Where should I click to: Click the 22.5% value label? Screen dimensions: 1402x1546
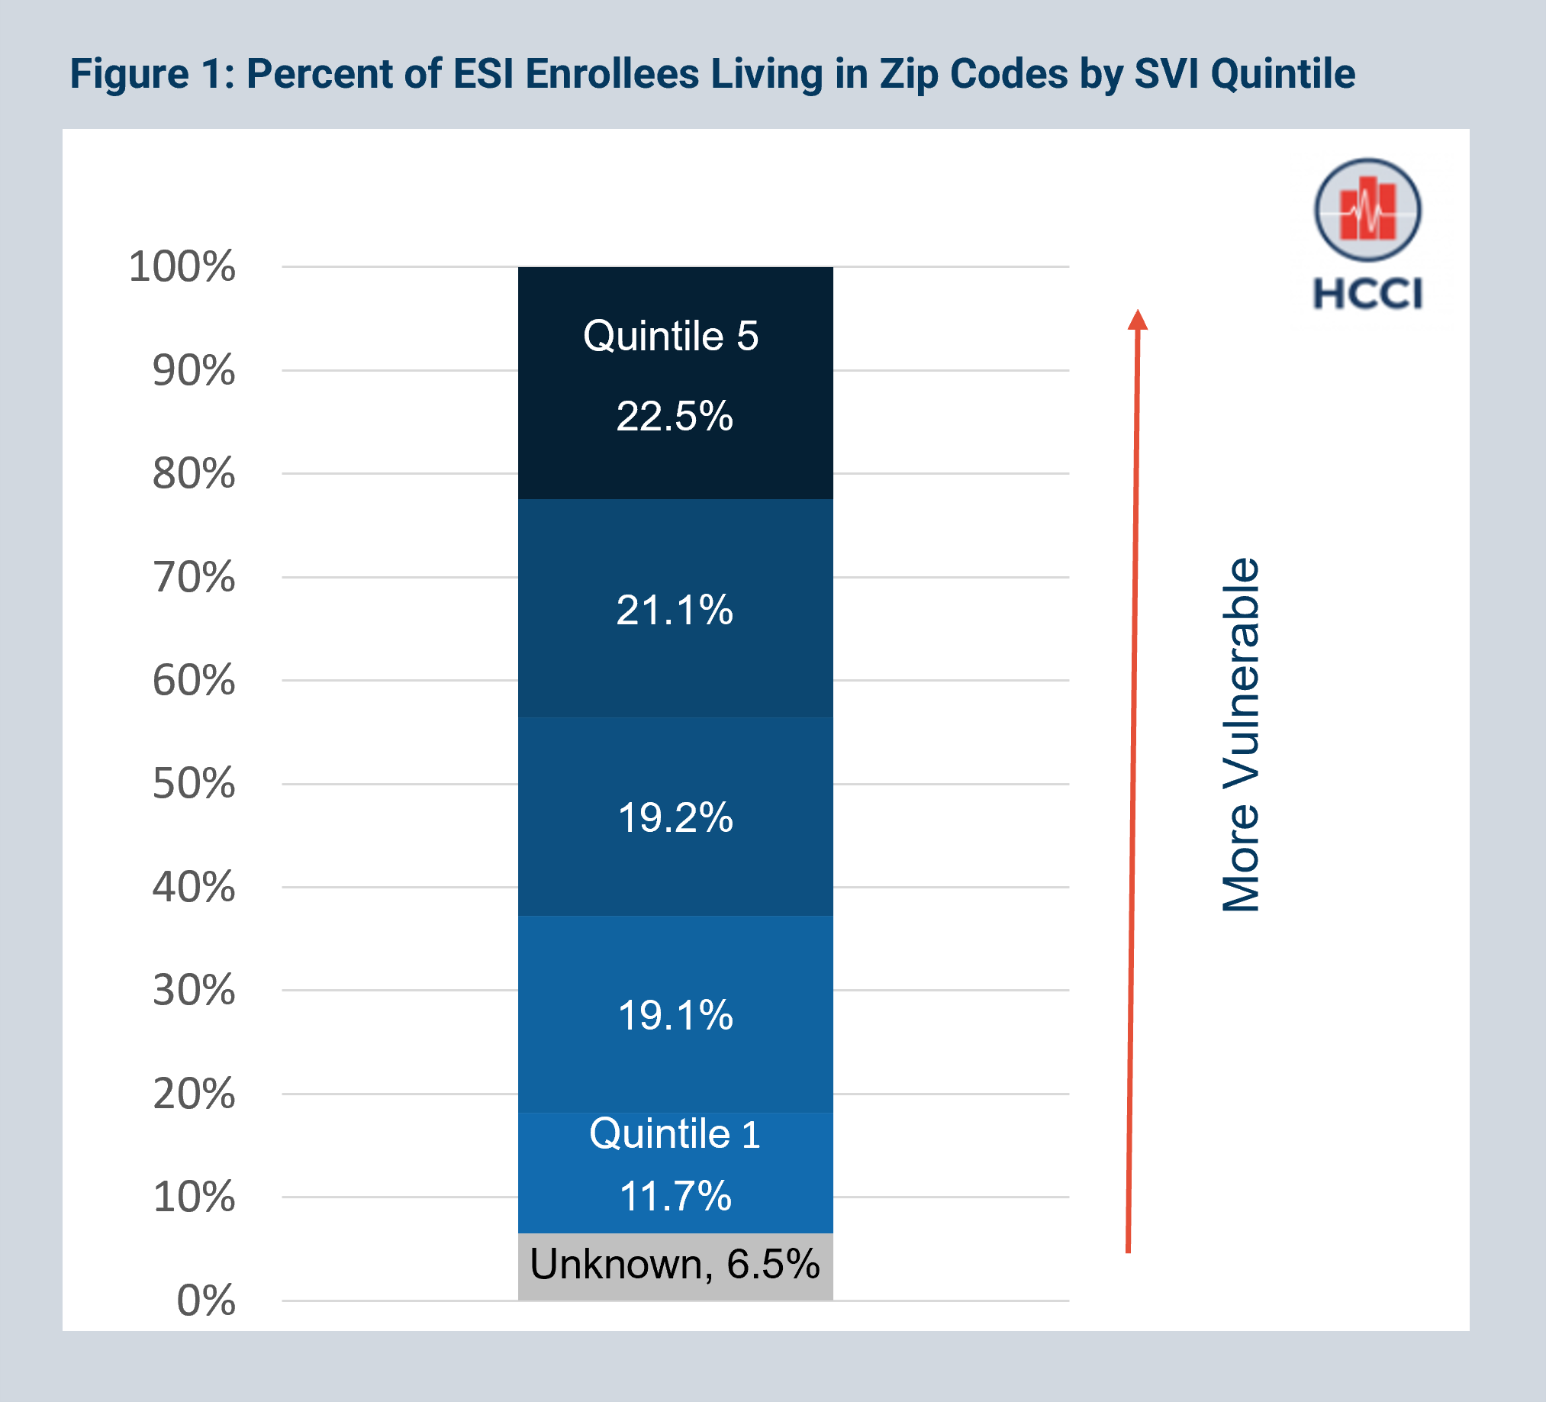[x=674, y=417]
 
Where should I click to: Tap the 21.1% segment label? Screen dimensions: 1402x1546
[x=674, y=611]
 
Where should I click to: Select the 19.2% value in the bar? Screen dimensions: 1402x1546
[x=675, y=817]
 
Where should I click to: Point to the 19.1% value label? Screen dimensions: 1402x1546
[x=675, y=1016]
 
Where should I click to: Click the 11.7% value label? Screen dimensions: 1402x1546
[x=675, y=1197]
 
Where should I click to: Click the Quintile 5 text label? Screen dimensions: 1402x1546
[x=670, y=336]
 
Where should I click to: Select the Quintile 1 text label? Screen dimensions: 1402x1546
[x=674, y=1133]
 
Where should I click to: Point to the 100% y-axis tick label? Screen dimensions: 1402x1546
[x=182, y=267]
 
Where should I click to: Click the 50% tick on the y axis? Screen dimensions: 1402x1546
[x=193, y=784]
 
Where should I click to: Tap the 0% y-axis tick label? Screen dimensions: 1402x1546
[x=205, y=1300]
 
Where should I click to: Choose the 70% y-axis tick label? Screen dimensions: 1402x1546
[x=193, y=578]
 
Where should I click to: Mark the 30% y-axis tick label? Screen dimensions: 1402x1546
[x=193, y=990]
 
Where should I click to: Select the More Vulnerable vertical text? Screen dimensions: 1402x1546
[x=1240, y=735]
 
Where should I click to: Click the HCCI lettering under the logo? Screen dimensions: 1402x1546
[x=1367, y=294]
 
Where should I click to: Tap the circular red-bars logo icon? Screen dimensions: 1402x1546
[x=1367, y=210]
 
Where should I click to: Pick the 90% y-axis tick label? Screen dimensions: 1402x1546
[x=193, y=371]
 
